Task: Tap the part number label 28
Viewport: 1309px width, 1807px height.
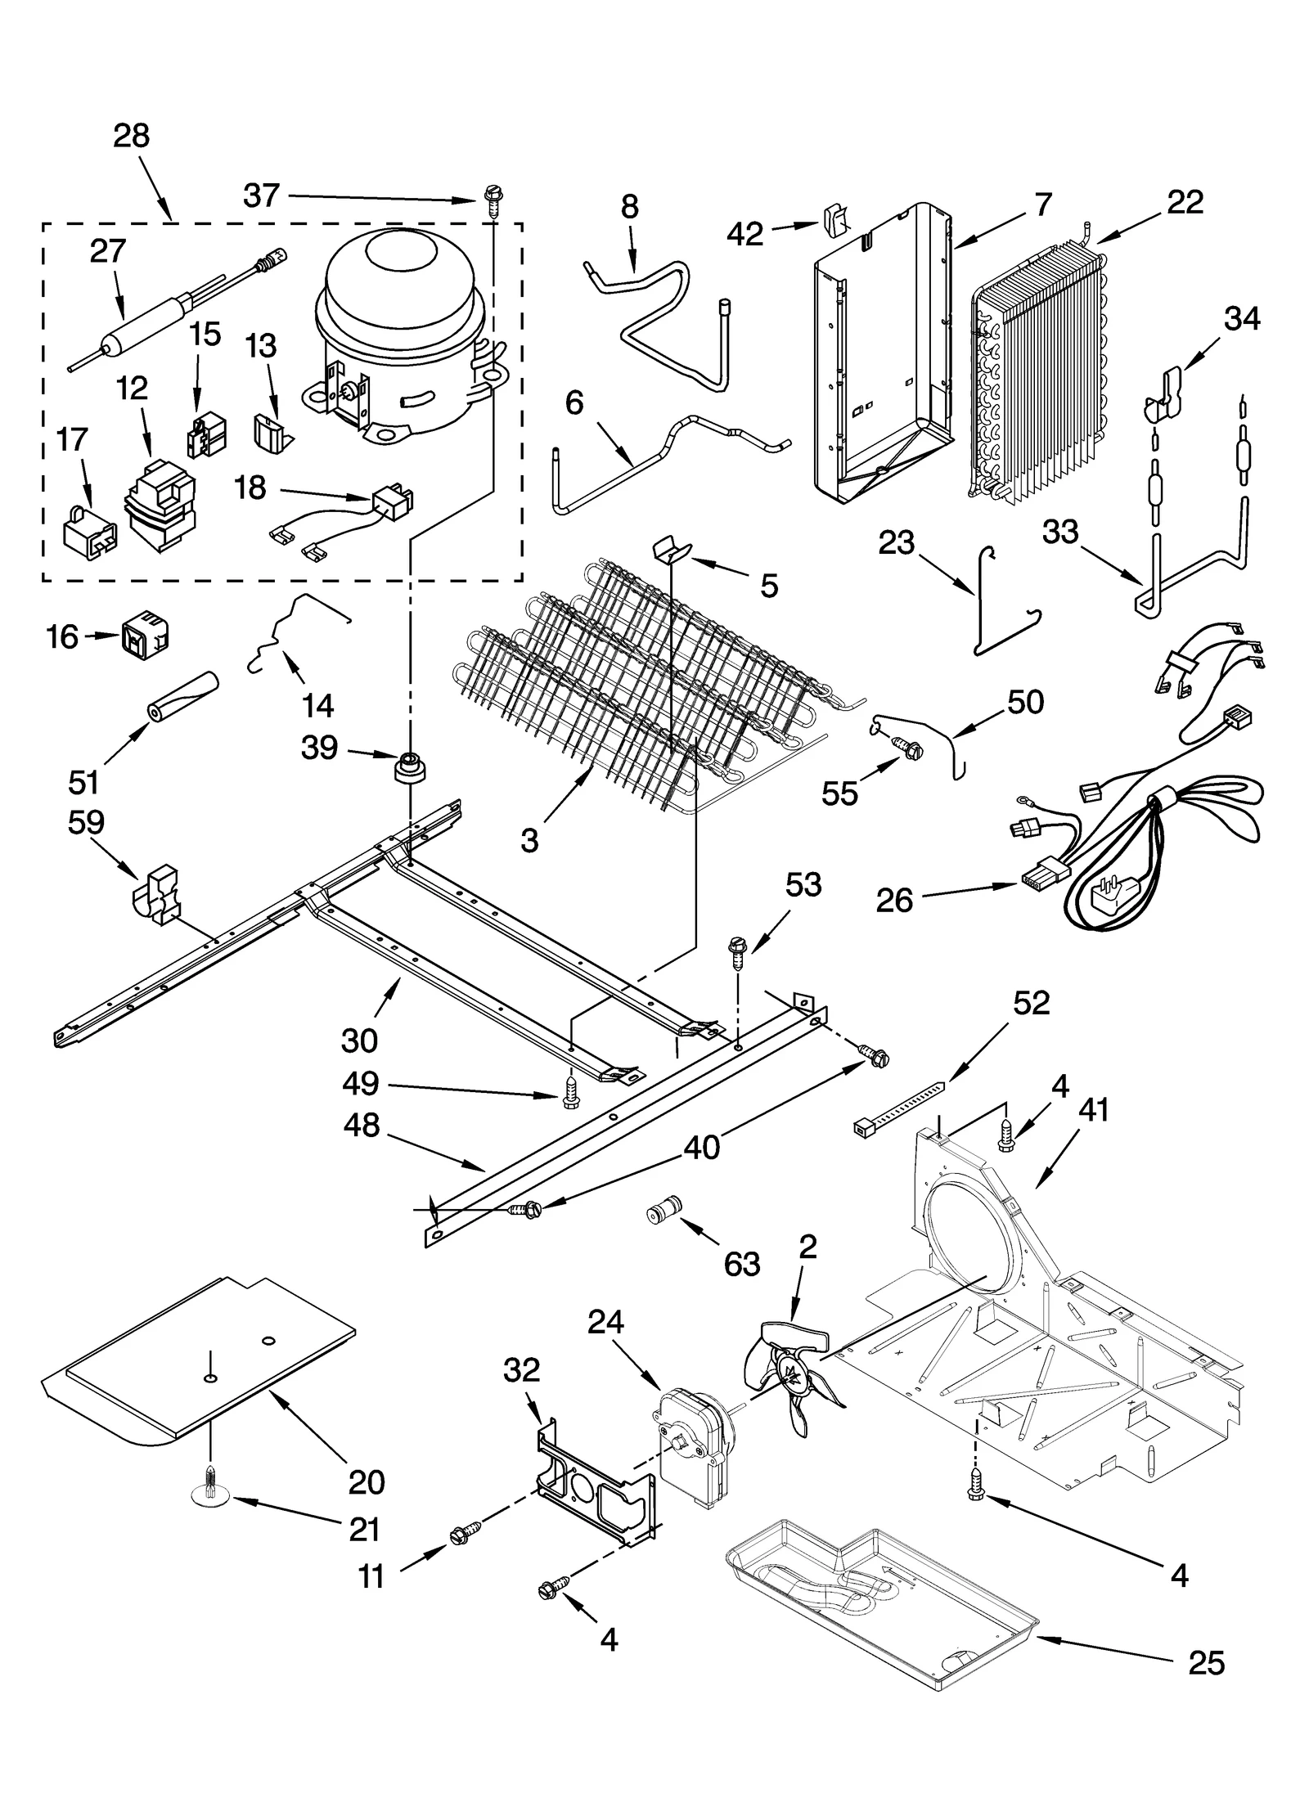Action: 132,135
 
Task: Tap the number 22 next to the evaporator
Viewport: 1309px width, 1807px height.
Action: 1185,201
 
